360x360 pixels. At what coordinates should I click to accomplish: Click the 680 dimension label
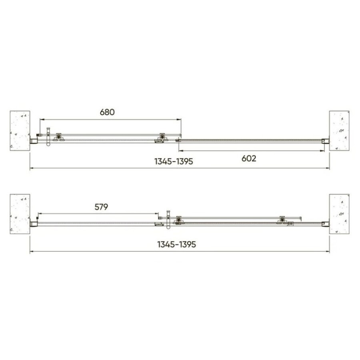tap(107, 112)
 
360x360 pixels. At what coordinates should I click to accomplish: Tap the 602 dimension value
tap(249, 158)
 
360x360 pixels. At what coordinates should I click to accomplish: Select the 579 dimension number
tap(101, 207)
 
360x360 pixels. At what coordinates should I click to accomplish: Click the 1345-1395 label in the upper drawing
tap(174, 162)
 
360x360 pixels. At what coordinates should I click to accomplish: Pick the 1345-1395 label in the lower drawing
tap(176, 244)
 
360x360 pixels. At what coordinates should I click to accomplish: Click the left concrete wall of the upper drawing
tap(20, 131)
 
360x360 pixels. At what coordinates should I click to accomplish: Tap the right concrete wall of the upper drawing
tap(339, 131)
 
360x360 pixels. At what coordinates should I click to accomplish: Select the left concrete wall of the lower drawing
tap(20, 214)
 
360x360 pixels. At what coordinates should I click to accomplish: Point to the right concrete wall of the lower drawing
tap(339, 214)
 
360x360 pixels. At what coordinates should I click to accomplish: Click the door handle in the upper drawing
tap(48, 137)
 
